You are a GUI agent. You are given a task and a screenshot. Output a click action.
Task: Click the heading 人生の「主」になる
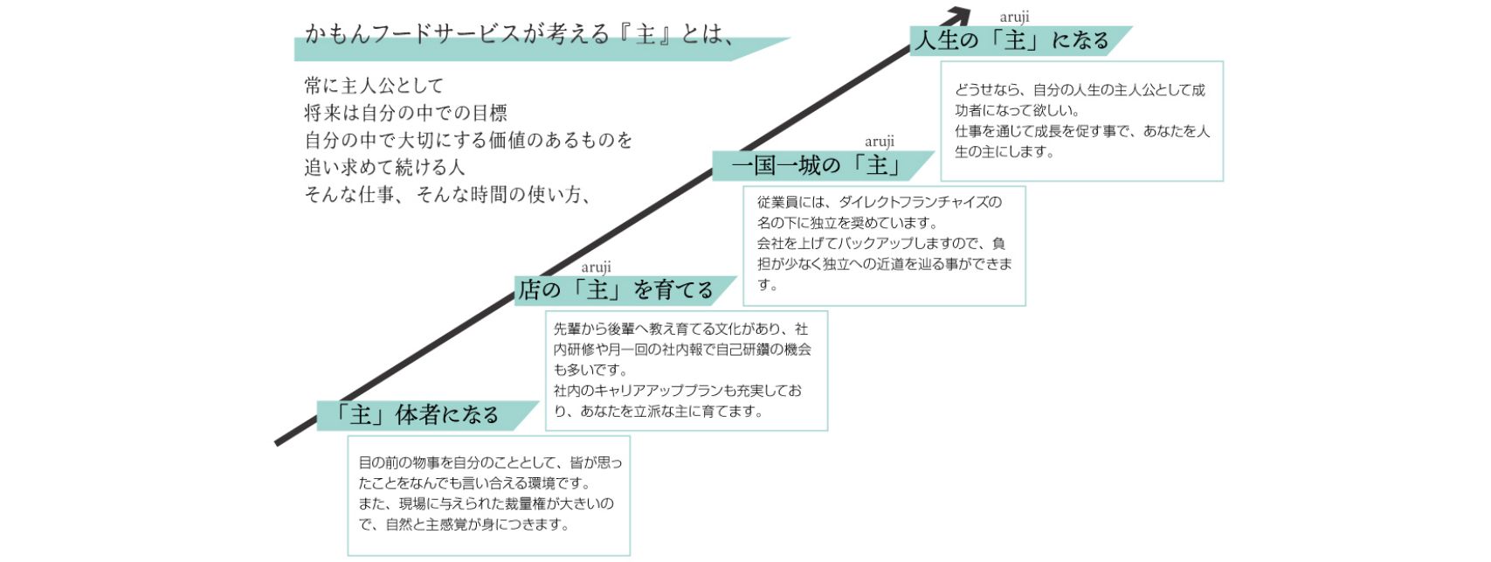tap(1011, 41)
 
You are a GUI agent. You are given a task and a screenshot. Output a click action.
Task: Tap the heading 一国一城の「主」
tap(816, 166)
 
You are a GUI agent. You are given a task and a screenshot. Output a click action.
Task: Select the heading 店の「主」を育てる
tap(616, 290)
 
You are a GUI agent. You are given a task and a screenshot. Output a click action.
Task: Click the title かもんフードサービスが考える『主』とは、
tap(520, 34)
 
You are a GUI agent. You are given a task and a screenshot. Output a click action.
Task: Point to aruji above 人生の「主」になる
tap(1014, 17)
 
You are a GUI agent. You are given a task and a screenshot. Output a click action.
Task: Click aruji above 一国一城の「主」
tap(879, 142)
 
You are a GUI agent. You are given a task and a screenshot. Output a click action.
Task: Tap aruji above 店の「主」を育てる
tap(596, 267)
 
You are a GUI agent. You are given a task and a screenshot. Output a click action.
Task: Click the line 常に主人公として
tap(374, 86)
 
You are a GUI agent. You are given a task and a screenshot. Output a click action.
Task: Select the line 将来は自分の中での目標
tap(405, 113)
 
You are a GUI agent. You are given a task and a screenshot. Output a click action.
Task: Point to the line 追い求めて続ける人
tap(384, 167)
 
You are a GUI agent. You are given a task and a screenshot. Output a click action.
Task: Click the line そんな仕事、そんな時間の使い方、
tap(448, 195)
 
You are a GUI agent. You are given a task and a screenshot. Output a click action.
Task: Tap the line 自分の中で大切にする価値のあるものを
tap(468, 140)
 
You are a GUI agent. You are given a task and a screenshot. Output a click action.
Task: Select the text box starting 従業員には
tap(883, 245)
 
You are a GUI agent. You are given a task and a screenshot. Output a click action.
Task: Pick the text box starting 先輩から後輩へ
tap(686, 370)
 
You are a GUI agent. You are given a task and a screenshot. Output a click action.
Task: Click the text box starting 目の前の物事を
tap(488, 495)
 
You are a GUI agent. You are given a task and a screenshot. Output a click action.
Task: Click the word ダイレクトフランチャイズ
tap(920, 203)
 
